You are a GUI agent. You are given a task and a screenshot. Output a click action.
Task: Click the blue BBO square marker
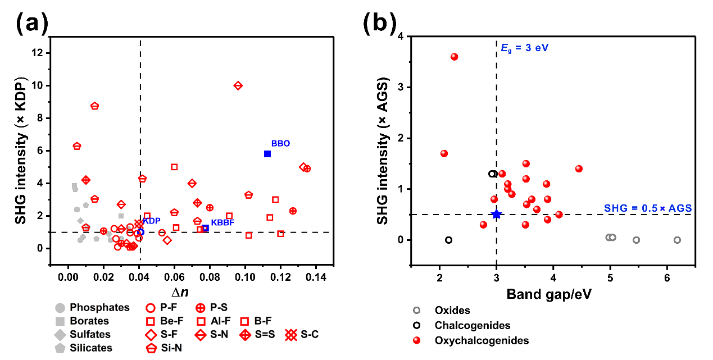[x=267, y=154]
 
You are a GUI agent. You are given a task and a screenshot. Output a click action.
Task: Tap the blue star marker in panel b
[x=496, y=214]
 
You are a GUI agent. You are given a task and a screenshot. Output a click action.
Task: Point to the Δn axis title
[x=192, y=293]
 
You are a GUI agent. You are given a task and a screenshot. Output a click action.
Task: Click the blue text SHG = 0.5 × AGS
[x=648, y=208]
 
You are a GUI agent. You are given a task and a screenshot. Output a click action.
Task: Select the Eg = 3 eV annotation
[x=524, y=48]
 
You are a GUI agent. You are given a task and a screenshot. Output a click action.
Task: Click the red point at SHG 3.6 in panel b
[x=454, y=57]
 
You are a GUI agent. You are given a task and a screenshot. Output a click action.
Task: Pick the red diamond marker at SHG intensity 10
[x=238, y=85]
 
